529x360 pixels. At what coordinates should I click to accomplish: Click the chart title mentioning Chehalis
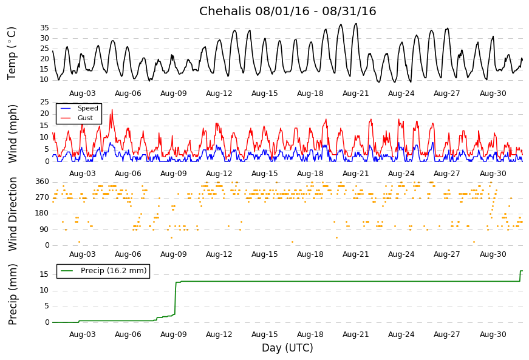[287, 12]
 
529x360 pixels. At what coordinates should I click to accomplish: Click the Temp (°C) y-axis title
[12, 53]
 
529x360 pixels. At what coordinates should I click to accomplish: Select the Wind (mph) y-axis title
[13, 133]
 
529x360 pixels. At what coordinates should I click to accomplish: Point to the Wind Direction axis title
[13, 214]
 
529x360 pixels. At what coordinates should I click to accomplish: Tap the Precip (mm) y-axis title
[13, 294]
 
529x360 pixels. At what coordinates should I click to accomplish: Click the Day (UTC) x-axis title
[287, 348]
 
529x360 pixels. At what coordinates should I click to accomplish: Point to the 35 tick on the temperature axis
[44, 28]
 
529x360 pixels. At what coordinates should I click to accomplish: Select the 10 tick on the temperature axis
[44, 80]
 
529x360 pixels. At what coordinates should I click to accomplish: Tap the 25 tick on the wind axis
[44, 102]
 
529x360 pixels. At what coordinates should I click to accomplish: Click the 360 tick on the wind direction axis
[42, 182]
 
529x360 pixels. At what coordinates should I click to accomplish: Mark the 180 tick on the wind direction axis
[42, 213]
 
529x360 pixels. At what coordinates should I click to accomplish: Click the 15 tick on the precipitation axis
[44, 274]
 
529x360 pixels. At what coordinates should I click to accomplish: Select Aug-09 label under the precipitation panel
[174, 335]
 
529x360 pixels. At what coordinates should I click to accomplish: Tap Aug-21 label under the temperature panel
[356, 93]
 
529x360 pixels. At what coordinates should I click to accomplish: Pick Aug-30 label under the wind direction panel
[493, 254]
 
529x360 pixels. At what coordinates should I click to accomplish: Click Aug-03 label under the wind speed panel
[83, 174]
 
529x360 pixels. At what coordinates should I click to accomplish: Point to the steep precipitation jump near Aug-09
[176, 297]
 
